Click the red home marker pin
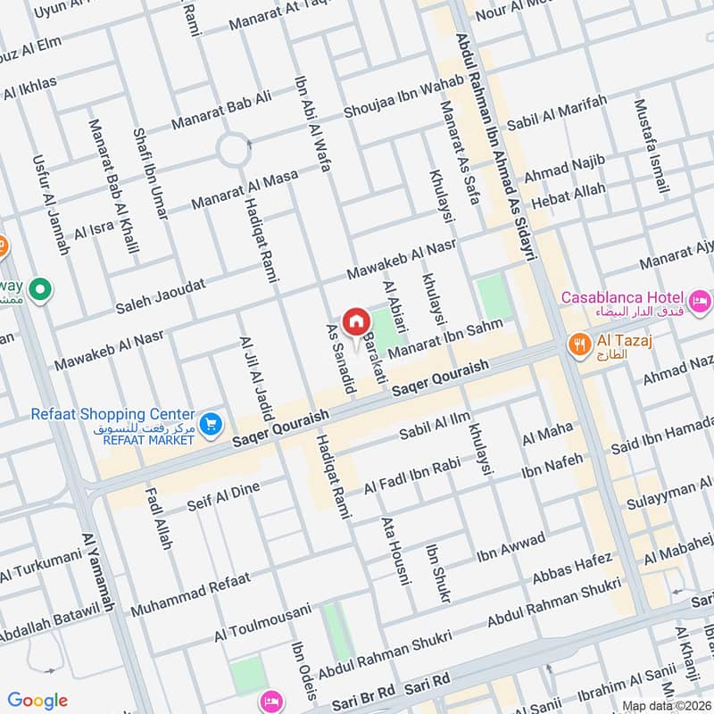pyautogui.click(x=355, y=320)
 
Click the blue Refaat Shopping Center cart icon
pyautogui.click(x=211, y=423)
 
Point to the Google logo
pyautogui.click(x=37, y=701)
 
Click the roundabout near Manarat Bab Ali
pyautogui.click(x=234, y=149)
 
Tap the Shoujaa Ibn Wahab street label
pyautogui.click(x=403, y=97)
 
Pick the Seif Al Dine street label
pyautogui.click(x=223, y=498)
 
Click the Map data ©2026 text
pyautogui.click(x=666, y=705)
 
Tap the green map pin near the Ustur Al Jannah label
pyautogui.click(x=39, y=289)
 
